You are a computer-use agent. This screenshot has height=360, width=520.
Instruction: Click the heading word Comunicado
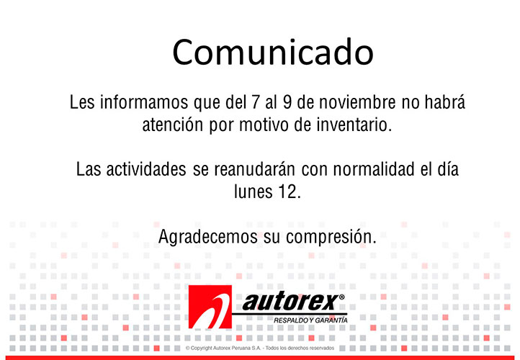[273, 52]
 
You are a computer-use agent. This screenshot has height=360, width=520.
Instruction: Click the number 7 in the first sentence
[255, 102]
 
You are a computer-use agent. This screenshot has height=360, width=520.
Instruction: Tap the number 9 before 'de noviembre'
[287, 102]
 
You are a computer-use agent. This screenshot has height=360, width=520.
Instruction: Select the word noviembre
[357, 102]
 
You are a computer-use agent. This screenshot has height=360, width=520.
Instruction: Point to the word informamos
[144, 102]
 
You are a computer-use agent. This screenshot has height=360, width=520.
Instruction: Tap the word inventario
[354, 125]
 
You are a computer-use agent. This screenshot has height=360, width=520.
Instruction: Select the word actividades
[146, 169]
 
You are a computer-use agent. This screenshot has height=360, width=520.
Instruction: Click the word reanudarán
[254, 169]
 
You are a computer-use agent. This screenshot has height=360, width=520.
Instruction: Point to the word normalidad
[374, 169]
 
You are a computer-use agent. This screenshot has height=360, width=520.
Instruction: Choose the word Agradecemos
[208, 237]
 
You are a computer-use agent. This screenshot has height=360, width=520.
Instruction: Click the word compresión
[331, 238]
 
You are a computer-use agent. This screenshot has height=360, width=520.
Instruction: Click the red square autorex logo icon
[210, 307]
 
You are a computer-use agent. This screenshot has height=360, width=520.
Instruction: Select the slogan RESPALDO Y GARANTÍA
[310, 320]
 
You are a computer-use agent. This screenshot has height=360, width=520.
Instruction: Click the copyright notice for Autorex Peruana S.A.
[260, 348]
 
